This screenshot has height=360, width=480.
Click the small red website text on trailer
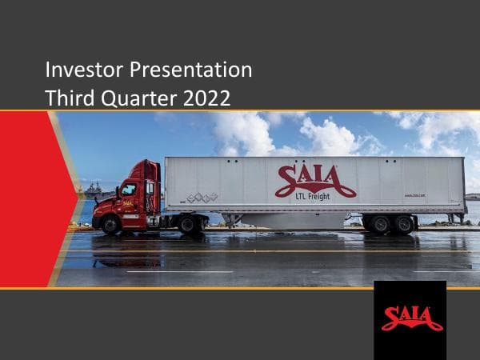coord(414,194)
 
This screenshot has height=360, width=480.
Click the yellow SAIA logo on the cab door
coord(129,204)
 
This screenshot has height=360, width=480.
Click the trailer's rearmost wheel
coord(404,225)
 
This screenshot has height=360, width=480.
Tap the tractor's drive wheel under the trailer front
coord(190,225)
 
